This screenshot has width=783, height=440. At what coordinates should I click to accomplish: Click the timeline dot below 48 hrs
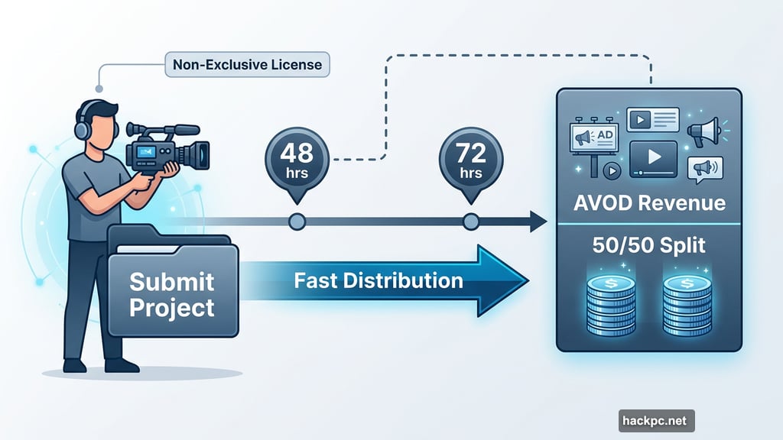tap(297, 222)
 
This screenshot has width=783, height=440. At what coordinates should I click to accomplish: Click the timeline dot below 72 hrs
tap(470, 222)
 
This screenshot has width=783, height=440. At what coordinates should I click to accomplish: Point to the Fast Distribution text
tap(379, 280)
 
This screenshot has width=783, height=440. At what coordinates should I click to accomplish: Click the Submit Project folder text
tap(171, 295)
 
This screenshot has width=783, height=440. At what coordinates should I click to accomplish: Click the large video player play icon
tap(653, 157)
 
